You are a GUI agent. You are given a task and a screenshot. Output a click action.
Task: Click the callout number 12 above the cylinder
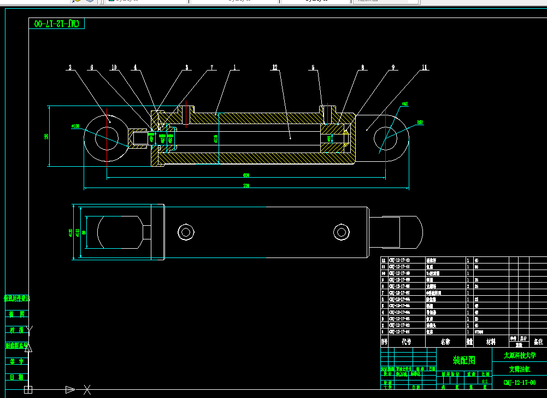pyautogui.click(x=275, y=68)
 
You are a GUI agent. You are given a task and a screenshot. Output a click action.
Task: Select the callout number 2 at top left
pyautogui.click(x=70, y=68)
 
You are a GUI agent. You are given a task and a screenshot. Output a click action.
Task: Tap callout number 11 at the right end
pyautogui.click(x=425, y=68)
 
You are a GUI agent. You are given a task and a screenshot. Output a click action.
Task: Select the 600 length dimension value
pyautogui.click(x=246, y=175)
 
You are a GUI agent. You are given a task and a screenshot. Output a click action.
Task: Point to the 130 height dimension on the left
pyautogui.click(x=46, y=136)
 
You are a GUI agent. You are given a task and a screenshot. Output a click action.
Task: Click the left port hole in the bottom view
pyautogui.click(x=186, y=232)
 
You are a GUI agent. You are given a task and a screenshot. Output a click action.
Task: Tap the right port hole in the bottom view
pyautogui.click(x=342, y=231)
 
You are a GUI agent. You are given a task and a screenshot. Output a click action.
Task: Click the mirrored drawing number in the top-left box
pyautogui.click(x=57, y=24)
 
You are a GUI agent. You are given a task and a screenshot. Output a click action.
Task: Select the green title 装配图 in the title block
pyautogui.click(x=464, y=360)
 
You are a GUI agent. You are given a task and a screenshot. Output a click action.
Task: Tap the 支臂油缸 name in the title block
pyautogui.click(x=519, y=369)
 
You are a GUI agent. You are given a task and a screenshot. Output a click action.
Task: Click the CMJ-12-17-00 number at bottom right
pyautogui.click(x=519, y=382)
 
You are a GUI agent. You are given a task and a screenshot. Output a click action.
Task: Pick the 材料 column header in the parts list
pyautogui.click(x=491, y=342)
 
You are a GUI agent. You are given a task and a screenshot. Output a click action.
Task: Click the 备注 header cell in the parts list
pyautogui.click(x=538, y=342)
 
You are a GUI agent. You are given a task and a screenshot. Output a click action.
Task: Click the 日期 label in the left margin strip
pyautogui.click(x=16, y=377)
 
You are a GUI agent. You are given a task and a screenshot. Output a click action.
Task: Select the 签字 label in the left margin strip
pyautogui.click(x=16, y=361)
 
